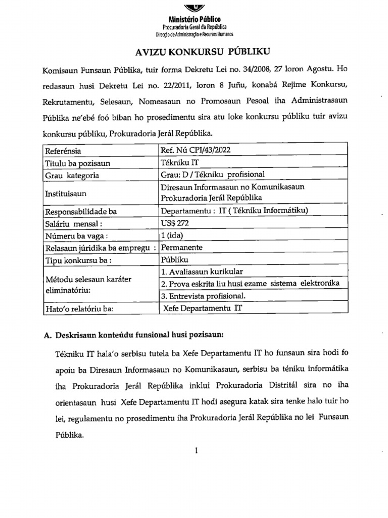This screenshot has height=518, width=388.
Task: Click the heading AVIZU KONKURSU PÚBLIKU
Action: point(193,51)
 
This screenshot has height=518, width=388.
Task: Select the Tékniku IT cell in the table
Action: point(175,163)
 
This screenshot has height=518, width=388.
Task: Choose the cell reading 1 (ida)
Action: point(172,235)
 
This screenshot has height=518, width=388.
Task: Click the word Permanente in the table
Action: point(181,247)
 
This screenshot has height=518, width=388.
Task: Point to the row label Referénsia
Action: point(63,150)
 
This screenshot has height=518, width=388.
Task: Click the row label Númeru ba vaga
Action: point(77,235)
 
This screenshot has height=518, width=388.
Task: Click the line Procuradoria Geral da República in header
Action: point(194,26)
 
